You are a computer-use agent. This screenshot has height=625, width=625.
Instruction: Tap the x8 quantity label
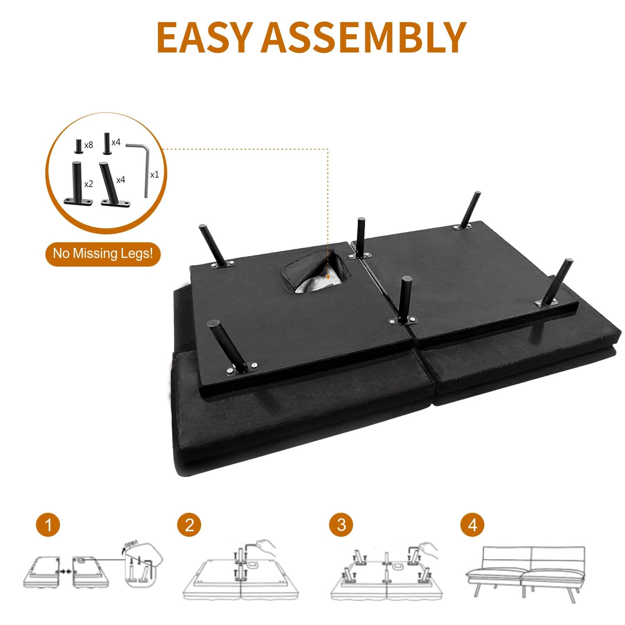(x=88, y=145)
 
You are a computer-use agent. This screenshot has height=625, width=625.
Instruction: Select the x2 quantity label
(x=88, y=184)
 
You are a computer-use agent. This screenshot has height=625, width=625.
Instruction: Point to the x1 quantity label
(x=155, y=175)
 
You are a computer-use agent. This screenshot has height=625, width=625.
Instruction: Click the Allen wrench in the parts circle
(x=145, y=167)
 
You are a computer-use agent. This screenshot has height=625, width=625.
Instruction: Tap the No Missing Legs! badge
(x=103, y=254)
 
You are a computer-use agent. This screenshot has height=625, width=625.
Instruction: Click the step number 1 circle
(x=48, y=525)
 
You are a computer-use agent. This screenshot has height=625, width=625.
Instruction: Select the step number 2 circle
(x=189, y=525)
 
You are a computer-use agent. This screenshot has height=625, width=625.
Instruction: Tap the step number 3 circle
(x=341, y=525)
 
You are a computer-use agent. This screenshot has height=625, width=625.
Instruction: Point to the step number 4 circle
(x=472, y=525)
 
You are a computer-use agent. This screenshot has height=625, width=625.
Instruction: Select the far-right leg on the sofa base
(x=553, y=283)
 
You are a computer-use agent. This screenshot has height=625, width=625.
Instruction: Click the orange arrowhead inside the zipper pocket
(x=328, y=276)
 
